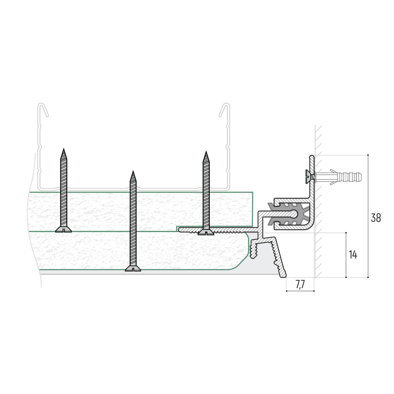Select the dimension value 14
pos(353,255)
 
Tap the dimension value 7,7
pos(300,285)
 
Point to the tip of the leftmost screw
pos(64,149)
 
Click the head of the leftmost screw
pos(63,230)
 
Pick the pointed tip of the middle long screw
pos(133,171)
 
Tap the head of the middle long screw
pos(133,268)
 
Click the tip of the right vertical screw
pos(206,151)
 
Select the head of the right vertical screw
pos(206,232)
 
